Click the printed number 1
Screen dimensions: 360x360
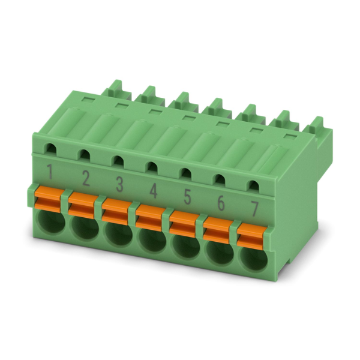tap(50, 172)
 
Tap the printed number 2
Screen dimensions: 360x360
tap(86, 178)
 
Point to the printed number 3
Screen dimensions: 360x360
tap(119, 184)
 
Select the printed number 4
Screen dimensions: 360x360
tap(154, 191)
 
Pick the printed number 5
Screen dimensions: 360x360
tap(187, 197)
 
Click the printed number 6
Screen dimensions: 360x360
tap(221, 203)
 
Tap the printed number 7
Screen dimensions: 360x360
tap(254, 209)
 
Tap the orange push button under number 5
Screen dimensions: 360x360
tap(184, 224)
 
